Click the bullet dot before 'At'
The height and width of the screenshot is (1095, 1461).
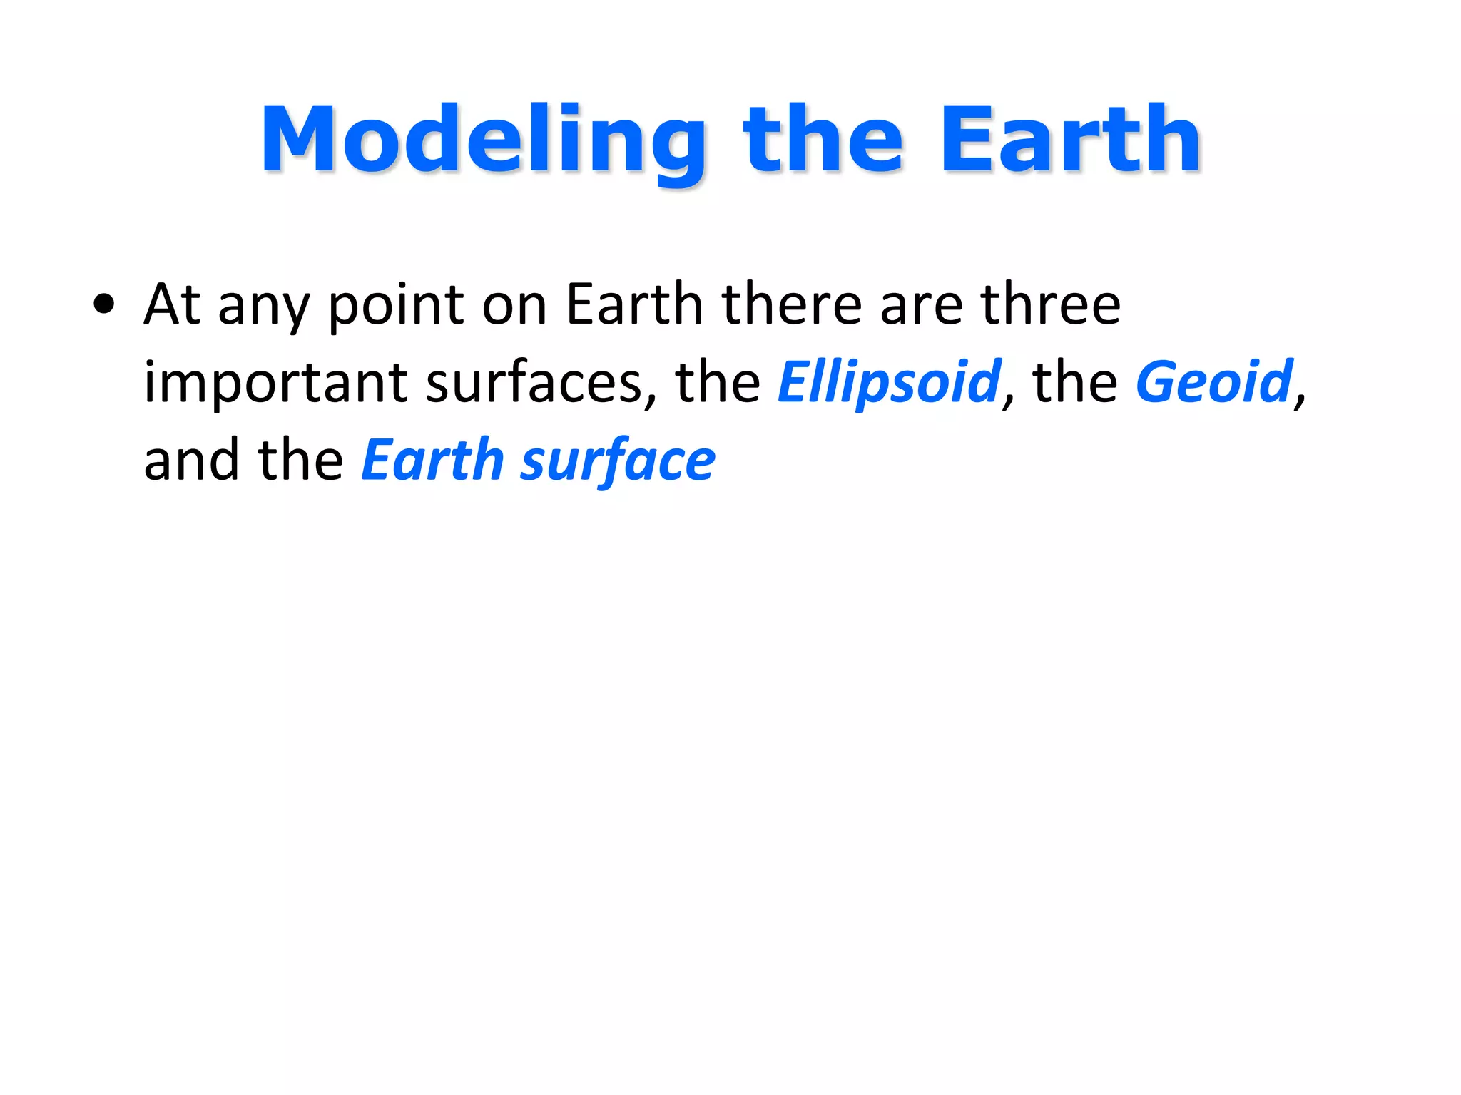pos(104,304)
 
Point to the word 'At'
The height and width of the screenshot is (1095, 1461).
pos(172,304)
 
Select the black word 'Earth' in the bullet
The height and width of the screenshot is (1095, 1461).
pos(634,304)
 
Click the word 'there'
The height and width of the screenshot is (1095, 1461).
pos(792,304)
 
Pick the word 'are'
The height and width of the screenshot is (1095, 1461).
pos(921,308)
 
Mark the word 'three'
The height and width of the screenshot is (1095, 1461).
pos(1050,304)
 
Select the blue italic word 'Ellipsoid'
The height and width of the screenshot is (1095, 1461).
pos(889,384)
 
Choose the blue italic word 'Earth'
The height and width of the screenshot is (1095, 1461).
pos(432,461)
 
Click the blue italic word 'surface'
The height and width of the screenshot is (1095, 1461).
pos(618,462)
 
